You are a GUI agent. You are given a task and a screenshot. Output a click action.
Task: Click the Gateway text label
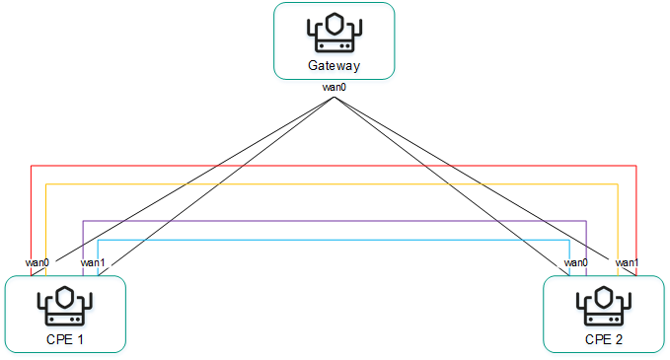pos(334,67)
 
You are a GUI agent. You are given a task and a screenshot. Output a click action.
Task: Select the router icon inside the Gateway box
pos(334,35)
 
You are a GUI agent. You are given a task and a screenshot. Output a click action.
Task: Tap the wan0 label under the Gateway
pos(335,88)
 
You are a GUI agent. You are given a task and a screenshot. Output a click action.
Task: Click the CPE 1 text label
pos(65,340)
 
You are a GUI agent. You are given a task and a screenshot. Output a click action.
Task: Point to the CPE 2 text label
pos(603,340)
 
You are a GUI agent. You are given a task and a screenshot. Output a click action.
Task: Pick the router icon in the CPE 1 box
pos(65,307)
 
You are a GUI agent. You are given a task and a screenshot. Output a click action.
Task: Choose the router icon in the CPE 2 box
pos(603,307)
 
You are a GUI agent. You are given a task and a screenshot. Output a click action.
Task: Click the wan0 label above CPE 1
pos(37,262)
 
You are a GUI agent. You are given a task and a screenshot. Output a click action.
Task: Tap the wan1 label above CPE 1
pos(93,262)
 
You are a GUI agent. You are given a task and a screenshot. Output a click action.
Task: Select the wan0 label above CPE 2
pos(576,262)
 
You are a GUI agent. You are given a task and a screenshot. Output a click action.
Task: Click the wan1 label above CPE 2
pos(628,262)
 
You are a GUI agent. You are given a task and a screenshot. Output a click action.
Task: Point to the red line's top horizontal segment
pos(334,166)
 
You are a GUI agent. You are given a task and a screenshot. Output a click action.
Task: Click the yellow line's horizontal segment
pos(334,183)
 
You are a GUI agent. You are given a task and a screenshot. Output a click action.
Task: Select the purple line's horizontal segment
pos(334,220)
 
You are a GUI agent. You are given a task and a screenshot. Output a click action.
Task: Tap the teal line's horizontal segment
pos(334,239)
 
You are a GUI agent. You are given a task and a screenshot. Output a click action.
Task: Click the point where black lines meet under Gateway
pos(335,96)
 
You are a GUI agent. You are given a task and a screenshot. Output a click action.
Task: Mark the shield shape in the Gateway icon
pos(334,26)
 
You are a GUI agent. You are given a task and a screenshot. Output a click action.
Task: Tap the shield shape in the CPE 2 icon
pos(603,298)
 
